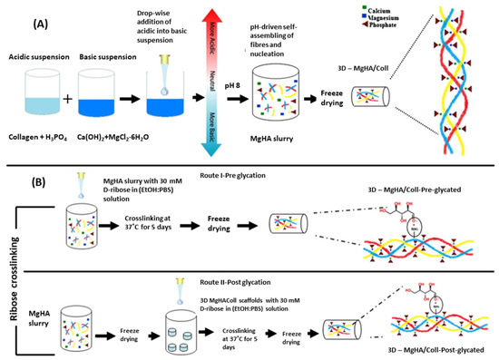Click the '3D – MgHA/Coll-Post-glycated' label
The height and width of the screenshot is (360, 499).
425,352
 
